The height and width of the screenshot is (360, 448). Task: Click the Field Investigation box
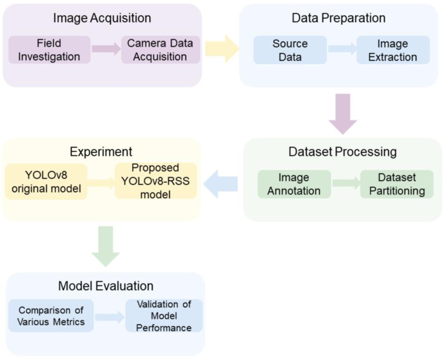pyautogui.click(x=50, y=50)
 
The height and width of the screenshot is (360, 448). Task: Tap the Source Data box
pyautogui.click(x=290, y=50)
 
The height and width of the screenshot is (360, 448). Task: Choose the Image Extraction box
pyautogui.click(x=393, y=50)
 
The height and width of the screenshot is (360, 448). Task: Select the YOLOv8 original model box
pyautogui.click(x=46, y=181)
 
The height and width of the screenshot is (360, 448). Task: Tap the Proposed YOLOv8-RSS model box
pyautogui.click(x=156, y=181)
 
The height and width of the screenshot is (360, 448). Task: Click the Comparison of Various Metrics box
pyautogui.click(x=52, y=315)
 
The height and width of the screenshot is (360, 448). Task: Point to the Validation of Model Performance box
pyautogui.click(x=164, y=315)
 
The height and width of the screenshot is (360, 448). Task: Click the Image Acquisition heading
pyautogui.click(x=102, y=18)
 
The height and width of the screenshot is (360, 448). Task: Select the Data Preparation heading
pyautogui.click(x=338, y=18)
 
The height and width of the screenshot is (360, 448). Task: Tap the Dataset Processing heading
pyautogui.click(x=342, y=153)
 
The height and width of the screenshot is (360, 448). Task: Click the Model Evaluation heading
pyautogui.click(x=106, y=286)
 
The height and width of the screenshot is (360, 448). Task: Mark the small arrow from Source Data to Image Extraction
pyautogui.click(x=341, y=50)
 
